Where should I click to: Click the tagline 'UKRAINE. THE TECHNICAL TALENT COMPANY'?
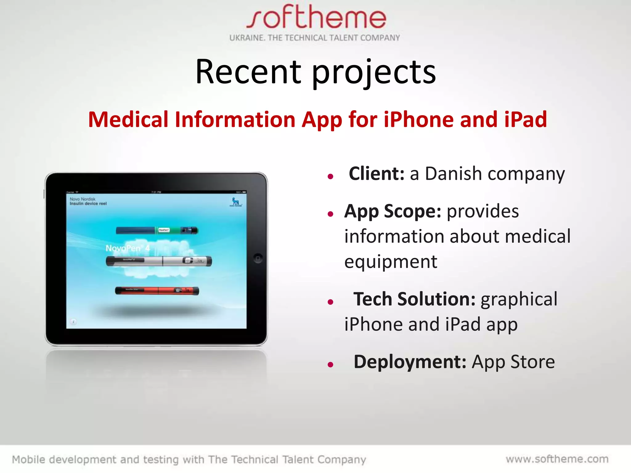click(x=314, y=38)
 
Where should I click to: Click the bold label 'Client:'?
click(x=376, y=174)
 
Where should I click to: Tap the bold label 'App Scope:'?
click(x=393, y=212)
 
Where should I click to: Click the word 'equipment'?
click(x=390, y=262)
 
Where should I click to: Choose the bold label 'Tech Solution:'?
click(x=414, y=299)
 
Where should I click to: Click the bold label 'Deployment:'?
click(x=410, y=362)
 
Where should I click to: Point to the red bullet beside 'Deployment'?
click(x=331, y=365)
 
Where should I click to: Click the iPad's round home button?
click(x=258, y=258)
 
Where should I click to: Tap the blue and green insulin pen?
click(x=157, y=230)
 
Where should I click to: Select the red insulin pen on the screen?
click(x=157, y=291)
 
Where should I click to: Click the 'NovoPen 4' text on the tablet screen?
click(x=127, y=248)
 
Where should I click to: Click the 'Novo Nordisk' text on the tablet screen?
click(x=83, y=199)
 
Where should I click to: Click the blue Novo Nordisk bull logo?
click(x=236, y=202)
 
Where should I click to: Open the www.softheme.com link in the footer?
click(x=557, y=459)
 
